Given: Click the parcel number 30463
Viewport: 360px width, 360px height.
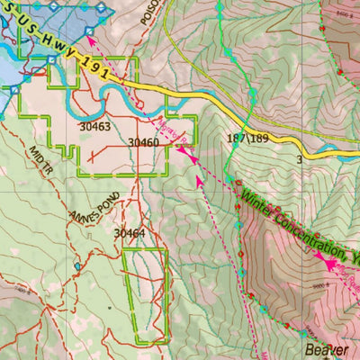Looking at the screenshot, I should [x=94, y=127].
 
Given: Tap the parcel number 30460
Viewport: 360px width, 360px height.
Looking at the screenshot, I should [x=143, y=142].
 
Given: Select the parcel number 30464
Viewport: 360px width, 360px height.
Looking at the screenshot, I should [x=129, y=233].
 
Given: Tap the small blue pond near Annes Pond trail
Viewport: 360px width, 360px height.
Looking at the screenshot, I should [x=77, y=266].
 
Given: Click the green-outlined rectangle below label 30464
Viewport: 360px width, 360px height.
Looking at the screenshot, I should [x=144, y=295].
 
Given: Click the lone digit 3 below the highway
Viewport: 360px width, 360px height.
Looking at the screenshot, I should [x=300, y=159].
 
